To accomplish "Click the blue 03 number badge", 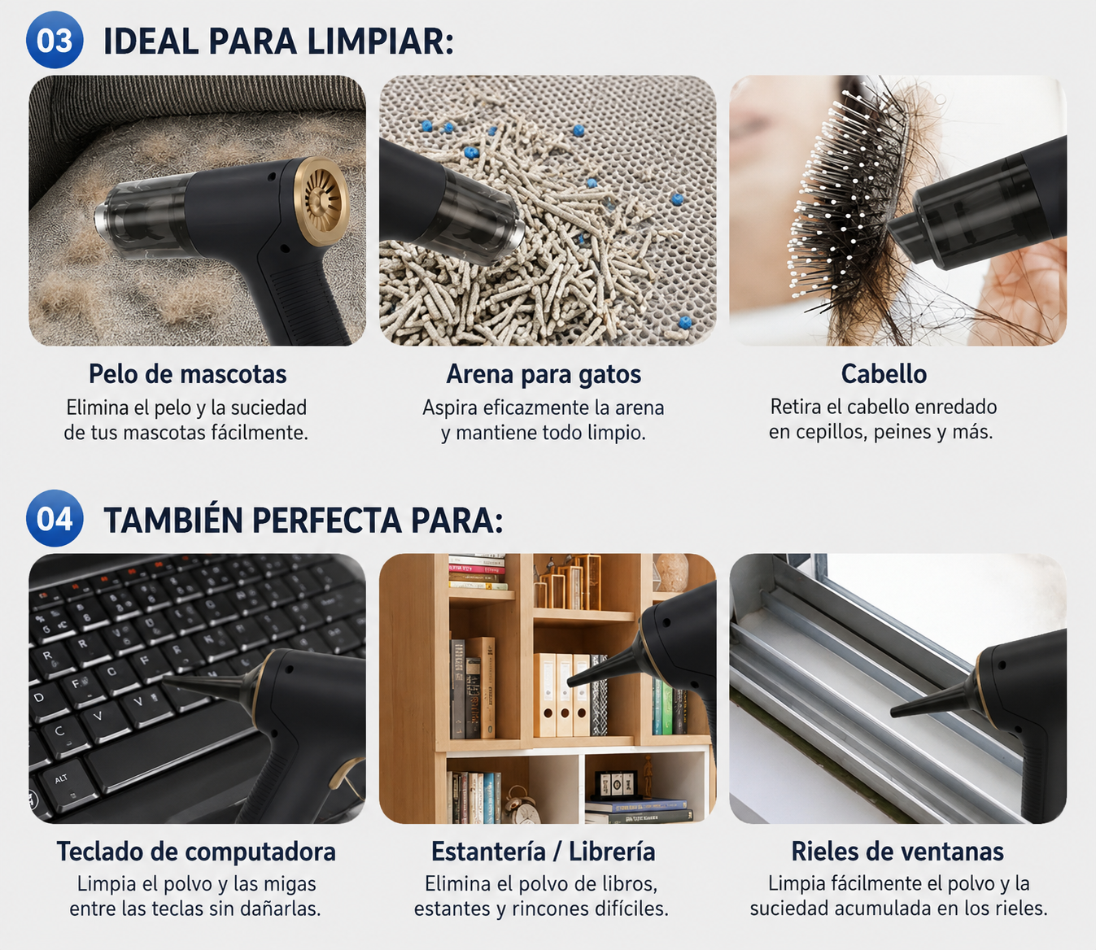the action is (x=55, y=40).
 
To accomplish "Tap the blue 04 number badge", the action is (x=55, y=518).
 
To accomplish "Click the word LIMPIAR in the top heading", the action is (x=380, y=41).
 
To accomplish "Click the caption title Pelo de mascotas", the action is (x=188, y=374).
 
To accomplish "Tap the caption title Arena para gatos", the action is (x=544, y=374).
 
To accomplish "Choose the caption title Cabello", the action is (x=884, y=374).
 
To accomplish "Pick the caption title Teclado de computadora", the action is (x=196, y=852).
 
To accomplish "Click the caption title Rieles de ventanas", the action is (x=897, y=852).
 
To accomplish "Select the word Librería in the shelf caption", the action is (x=612, y=852).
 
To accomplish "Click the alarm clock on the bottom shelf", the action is (x=516, y=804).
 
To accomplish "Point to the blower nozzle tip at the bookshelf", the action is (x=571, y=682).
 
